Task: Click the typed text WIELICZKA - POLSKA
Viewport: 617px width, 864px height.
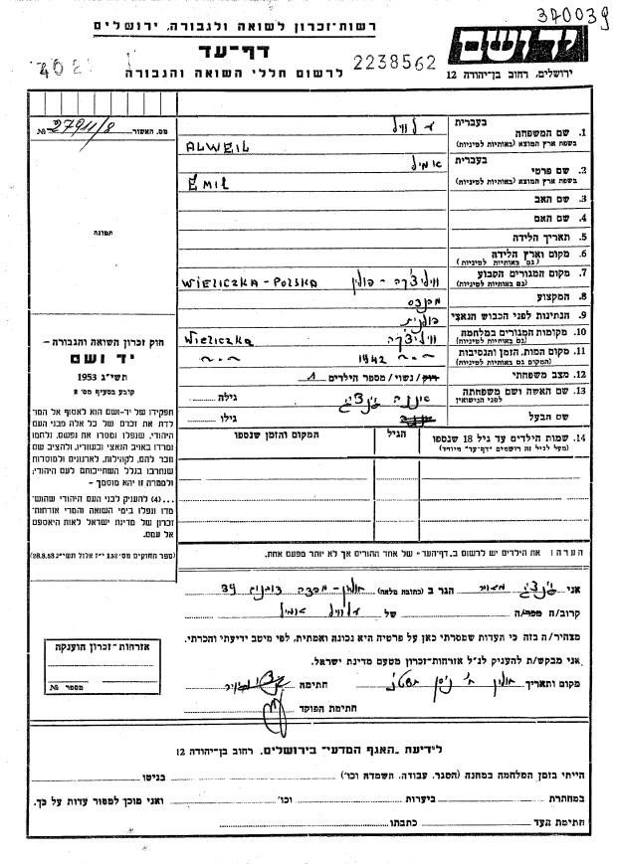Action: pos(248,281)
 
